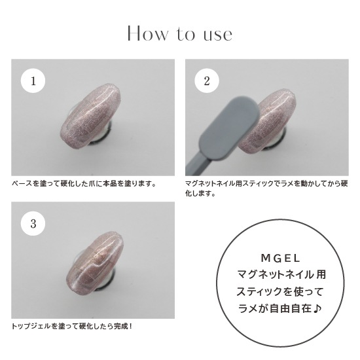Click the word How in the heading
point(148,34)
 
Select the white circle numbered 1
point(33,81)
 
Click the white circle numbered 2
point(207,81)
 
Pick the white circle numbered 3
point(33,223)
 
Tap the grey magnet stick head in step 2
point(230,128)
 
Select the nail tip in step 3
point(95,262)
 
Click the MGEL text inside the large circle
point(281,259)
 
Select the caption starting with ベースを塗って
point(84,184)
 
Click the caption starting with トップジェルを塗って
point(72,326)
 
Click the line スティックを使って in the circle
point(279,291)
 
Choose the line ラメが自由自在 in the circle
point(275,308)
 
